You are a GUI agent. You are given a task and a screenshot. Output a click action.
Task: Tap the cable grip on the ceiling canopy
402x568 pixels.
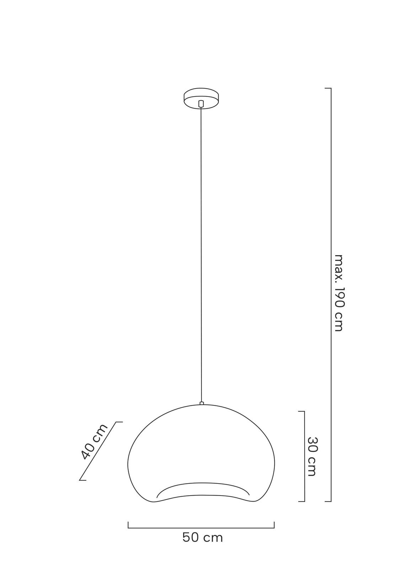coord(201,104)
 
